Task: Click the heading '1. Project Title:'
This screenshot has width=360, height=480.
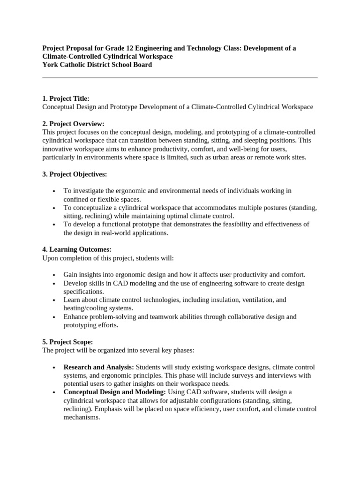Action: pyautogui.click(x=66, y=98)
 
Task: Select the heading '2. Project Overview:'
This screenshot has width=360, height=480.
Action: pyautogui.click(x=73, y=124)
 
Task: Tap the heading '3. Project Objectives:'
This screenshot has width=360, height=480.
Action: pyautogui.click(x=75, y=174)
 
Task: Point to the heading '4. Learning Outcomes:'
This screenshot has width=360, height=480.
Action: pyautogui.click(x=77, y=249)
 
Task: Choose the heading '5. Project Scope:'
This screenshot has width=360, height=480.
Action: pyautogui.click(x=67, y=342)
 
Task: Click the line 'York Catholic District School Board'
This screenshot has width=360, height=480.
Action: pyautogui.click(x=97, y=65)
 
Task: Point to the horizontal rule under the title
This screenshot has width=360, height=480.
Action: pyautogui.click(x=180, y=77)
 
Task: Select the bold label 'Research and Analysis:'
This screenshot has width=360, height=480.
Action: pyautogui.click(x=98, y=367)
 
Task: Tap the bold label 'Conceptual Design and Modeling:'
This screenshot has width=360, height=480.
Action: pyautogui.click(x=114, y=392)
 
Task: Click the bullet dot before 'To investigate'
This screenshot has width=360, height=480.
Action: pyautogui.click(x=55, y=191)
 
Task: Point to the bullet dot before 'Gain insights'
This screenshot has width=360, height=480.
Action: pyautogui.click(x=55, y=275)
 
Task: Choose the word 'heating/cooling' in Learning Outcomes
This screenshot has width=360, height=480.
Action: pyautogui.click(x=87, y=308)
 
